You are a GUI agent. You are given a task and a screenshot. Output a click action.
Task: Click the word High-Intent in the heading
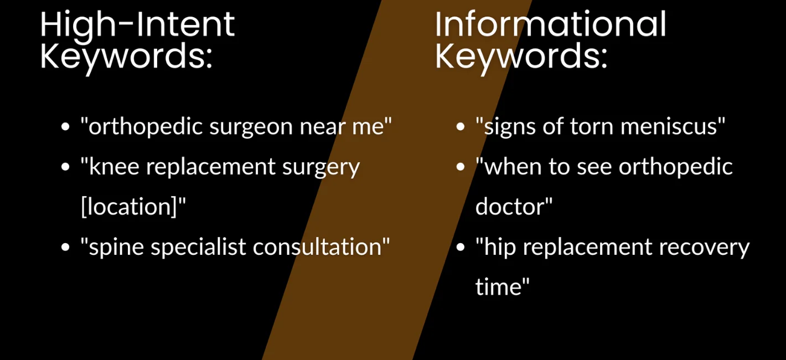pos(137,24)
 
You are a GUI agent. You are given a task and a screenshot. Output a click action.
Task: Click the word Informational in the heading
pos(550,24)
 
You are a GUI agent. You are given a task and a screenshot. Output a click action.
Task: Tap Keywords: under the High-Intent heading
pos(126,56)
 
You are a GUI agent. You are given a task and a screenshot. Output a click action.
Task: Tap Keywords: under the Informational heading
pos(521,56)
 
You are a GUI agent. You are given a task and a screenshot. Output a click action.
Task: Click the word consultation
pos(319,247)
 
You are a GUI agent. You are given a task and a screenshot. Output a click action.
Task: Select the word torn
pos(589,127)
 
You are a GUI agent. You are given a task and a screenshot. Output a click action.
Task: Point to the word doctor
pos(511,207)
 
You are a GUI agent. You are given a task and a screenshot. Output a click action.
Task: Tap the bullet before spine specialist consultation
pos(65,247)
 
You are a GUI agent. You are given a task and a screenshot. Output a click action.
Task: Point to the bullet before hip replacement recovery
pos(460,247)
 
